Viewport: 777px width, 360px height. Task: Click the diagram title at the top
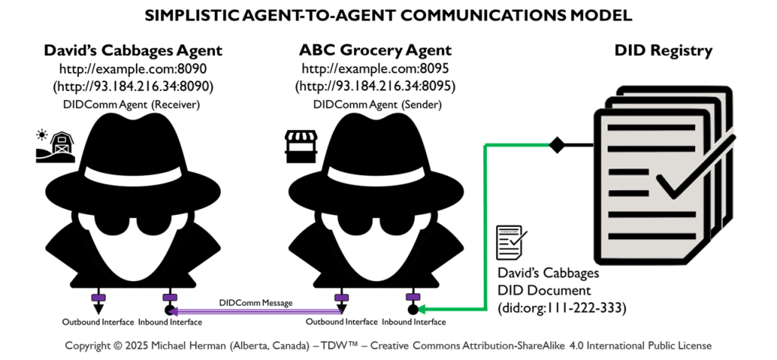tap(388, 14)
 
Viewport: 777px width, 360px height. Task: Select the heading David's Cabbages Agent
tap(133, 51)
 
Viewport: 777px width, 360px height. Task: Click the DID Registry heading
tap(663, 51)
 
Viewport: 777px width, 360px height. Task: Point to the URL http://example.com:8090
tap(133, 69)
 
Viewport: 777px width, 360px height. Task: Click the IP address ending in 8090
tap(133, 87)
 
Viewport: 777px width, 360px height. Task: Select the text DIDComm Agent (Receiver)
tap(133, 104)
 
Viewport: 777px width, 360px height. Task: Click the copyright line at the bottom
tap(388, 346)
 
